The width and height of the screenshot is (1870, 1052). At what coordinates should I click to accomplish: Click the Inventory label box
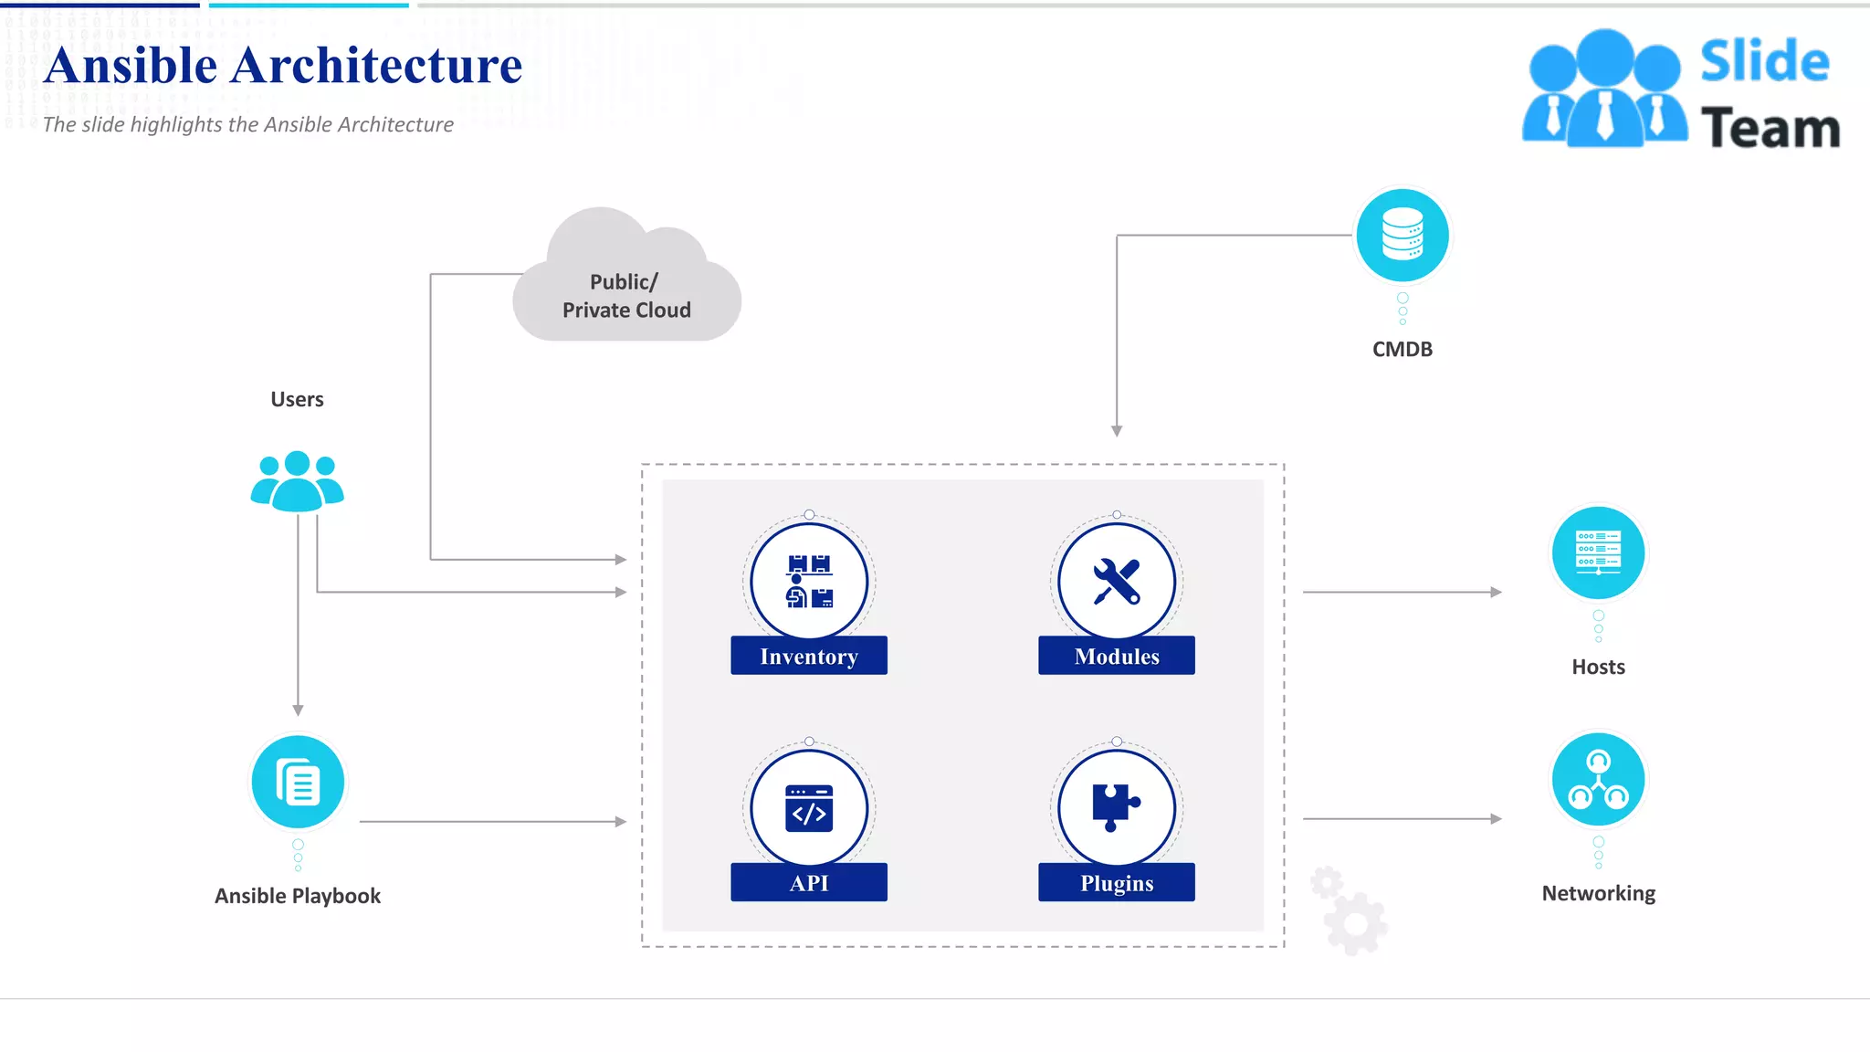[808, 656]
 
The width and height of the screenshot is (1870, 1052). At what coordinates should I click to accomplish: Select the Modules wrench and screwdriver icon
[1116, 581]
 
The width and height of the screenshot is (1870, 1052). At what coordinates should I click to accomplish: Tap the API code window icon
[808, 808]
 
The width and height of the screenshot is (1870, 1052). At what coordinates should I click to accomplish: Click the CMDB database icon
[1402, 235]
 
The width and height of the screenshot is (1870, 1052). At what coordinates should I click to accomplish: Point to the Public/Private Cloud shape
[626, 283]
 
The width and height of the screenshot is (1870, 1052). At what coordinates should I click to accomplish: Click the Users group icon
[297, 481]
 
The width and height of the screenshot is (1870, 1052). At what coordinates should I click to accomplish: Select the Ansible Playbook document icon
[298, 783]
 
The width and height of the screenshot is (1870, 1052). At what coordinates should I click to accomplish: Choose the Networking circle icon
[1598, 779]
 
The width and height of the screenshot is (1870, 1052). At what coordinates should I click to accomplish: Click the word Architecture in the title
[376, 66]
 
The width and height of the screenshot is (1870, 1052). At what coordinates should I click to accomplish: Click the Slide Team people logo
[1604, 89]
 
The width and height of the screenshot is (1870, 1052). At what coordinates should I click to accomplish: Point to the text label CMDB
[1402, 350]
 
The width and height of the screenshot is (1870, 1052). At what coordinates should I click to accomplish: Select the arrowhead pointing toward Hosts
[1496, 592]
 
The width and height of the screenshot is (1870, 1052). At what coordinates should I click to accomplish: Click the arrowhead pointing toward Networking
[1496, 819]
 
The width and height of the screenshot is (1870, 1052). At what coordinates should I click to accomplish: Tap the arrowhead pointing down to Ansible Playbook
[298, 710]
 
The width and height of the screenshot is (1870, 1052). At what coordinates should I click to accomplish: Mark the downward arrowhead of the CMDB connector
[1117, 430]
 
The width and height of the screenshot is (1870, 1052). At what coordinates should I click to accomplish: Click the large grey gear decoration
[1356, 924]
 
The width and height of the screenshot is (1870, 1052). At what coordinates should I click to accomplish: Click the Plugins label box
[1116, 883]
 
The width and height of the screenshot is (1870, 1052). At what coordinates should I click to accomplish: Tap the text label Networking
[1598, 893]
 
